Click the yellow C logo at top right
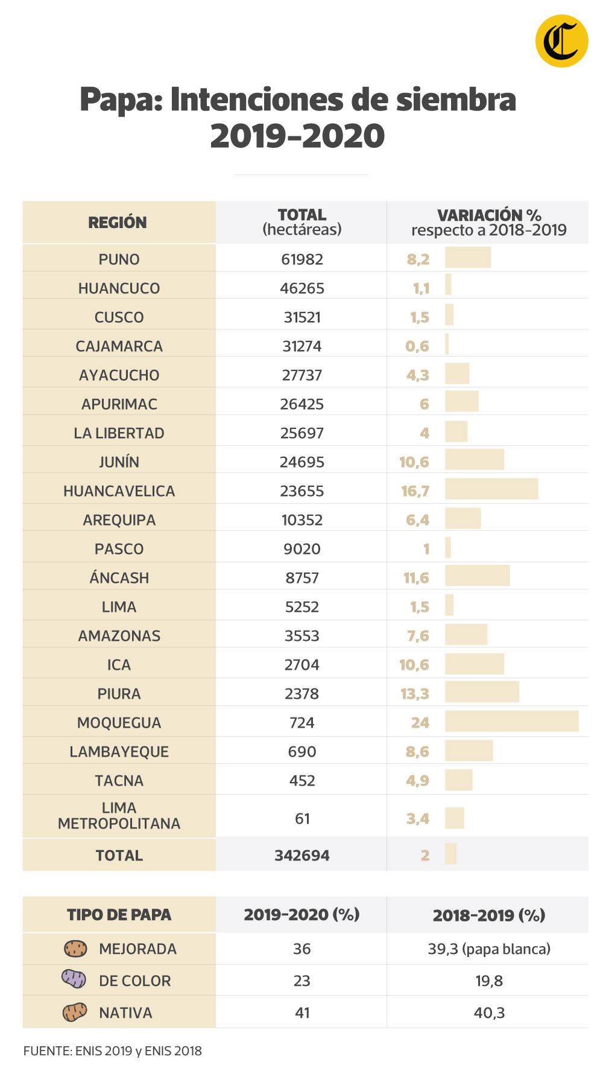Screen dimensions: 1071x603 [x=561, y=41]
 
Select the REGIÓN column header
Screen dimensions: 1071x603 [x=118, y=223]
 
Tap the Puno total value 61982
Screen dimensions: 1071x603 [x=302, y=259]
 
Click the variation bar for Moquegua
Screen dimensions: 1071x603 [x=511, y=722]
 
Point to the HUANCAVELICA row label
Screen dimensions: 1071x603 [x=119, y=491]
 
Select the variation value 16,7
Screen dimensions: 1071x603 [x=415, y=491]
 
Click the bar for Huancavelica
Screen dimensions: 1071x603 [x=491, y=489]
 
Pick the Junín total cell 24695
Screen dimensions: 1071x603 [x=302, y=462]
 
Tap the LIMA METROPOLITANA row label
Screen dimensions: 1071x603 [x=119, y=816]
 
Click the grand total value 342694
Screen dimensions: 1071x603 [x=302, y=856]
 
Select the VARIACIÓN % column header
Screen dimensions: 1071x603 [x=488, y=222]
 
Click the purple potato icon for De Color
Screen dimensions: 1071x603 [x=74, y=979]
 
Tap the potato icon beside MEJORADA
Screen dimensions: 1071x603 [x=75, y=949]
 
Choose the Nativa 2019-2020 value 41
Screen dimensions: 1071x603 [x=302, y=1013]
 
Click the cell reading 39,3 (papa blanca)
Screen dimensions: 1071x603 [x=489, y=949]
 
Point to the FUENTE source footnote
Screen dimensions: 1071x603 [x=112, y=1051]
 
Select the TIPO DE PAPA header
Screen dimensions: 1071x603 [x=119, y=915]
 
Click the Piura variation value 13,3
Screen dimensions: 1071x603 [x=415, y=694]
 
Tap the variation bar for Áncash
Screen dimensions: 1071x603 [x=477, y=576]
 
